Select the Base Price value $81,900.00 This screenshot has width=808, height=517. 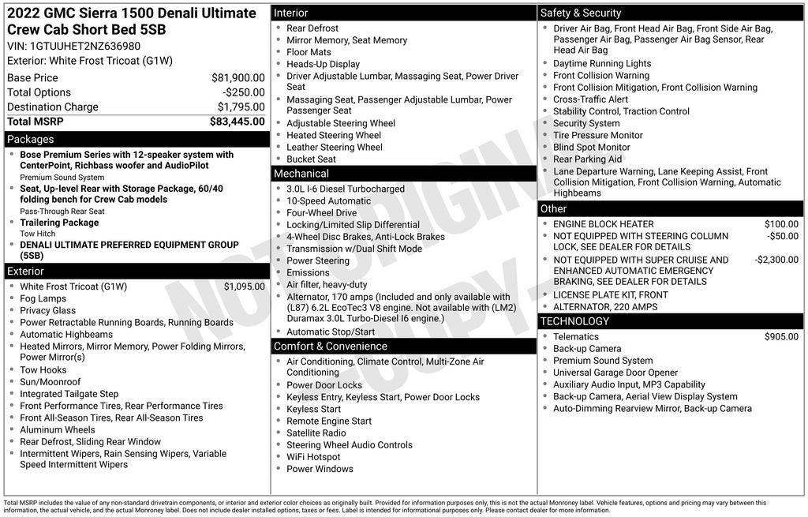238,78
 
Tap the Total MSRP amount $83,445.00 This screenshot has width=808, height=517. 237,122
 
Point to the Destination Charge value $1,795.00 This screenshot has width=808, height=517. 241,107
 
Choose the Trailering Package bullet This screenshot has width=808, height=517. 59,223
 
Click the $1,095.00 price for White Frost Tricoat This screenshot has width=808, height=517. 244,287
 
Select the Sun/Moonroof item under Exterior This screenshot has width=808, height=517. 50,382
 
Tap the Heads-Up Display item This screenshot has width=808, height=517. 323,64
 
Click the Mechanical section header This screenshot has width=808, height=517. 301,174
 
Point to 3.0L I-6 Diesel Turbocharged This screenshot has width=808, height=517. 345,189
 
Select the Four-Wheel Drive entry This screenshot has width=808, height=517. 321,213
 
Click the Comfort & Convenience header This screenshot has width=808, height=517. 331,346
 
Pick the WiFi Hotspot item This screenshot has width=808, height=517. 313,457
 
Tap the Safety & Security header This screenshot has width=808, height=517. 581,13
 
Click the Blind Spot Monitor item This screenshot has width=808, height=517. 591,147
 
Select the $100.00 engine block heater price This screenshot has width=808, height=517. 781,224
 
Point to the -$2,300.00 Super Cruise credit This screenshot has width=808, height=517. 776,260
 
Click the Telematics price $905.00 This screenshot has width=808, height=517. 781,337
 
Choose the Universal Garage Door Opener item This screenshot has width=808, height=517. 615,373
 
